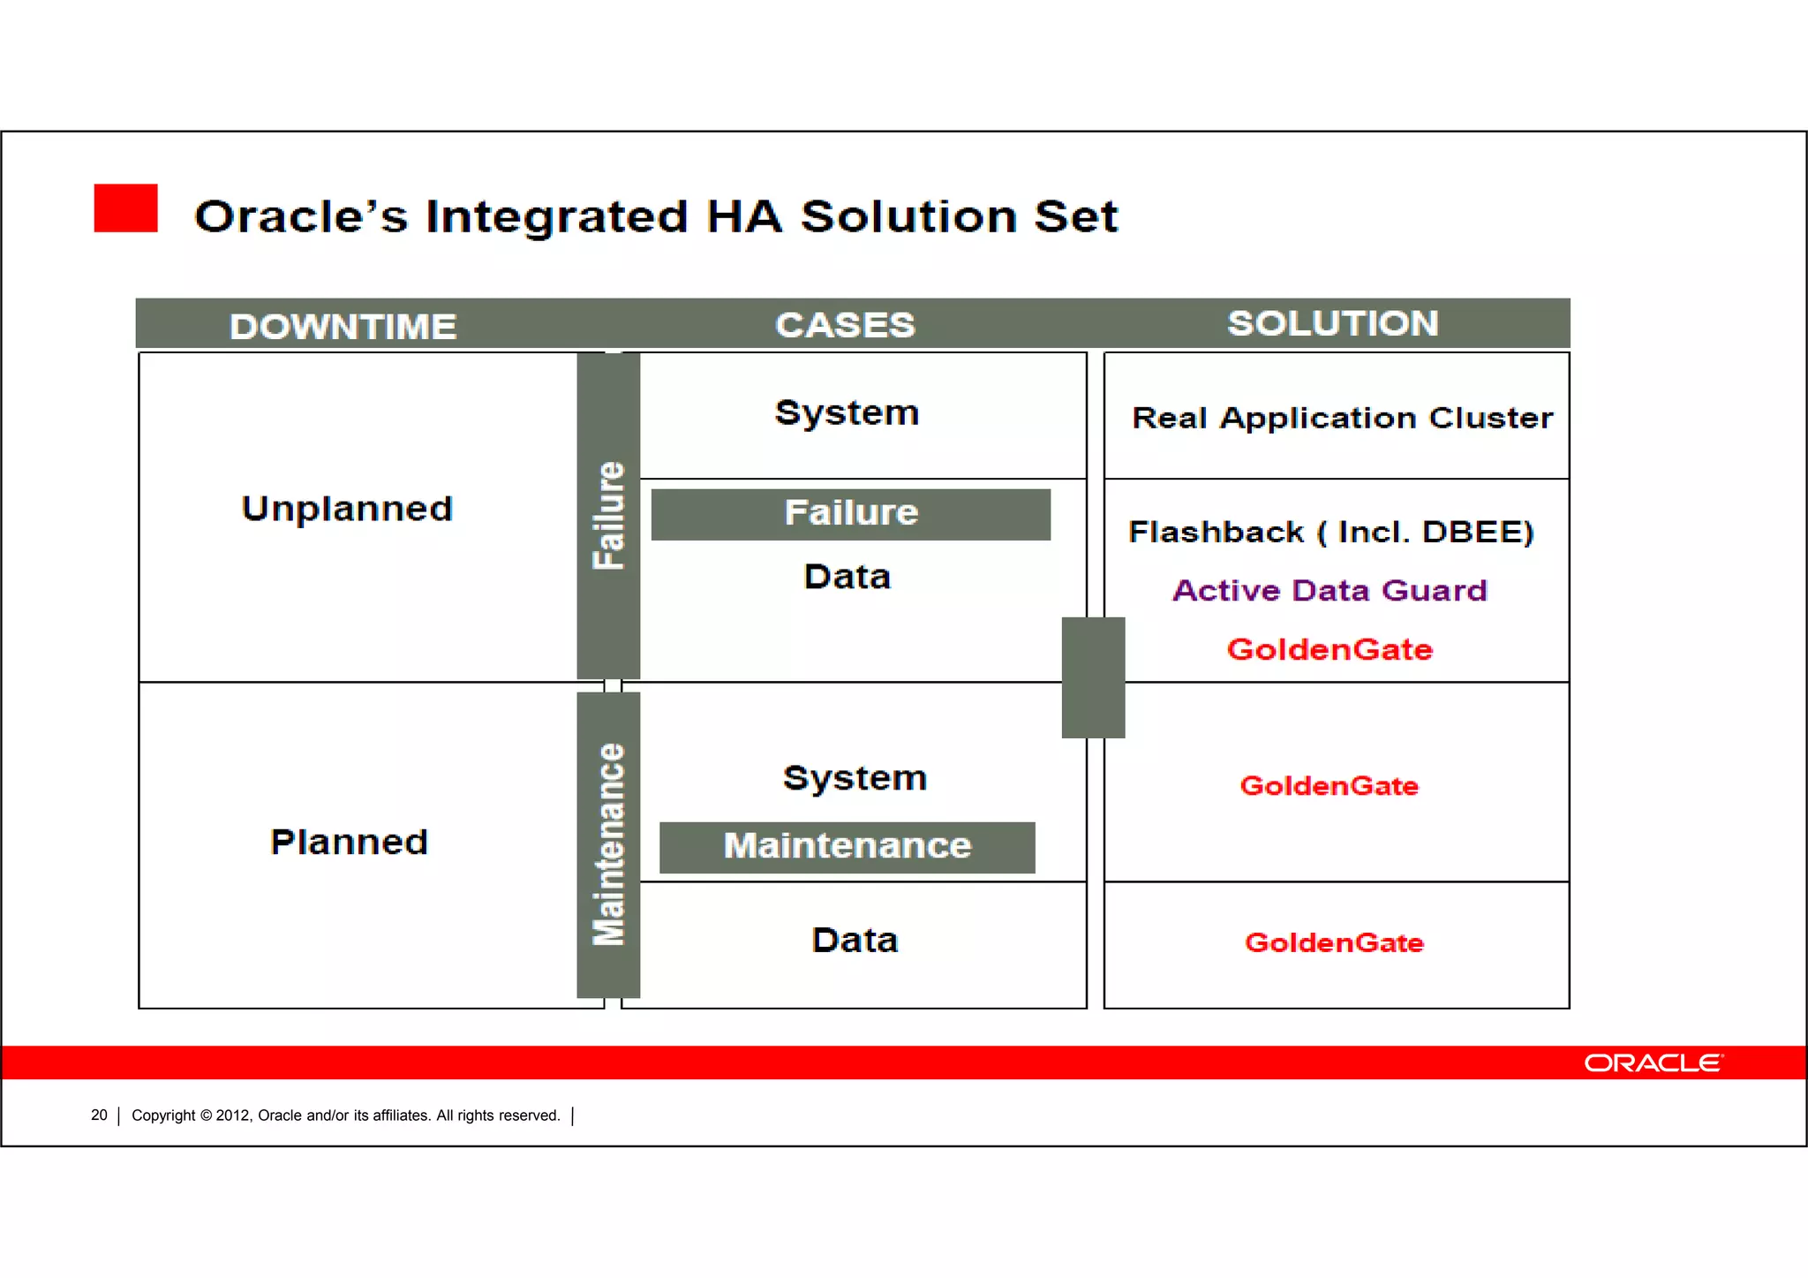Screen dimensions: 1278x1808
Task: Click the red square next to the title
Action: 125,208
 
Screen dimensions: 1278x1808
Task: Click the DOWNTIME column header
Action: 343,326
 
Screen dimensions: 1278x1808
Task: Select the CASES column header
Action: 845,324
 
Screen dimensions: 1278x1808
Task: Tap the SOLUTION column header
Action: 1332,322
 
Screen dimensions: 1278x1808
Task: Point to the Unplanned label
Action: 347,508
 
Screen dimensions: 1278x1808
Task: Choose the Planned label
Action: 349,841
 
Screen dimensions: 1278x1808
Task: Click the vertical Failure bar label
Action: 608,515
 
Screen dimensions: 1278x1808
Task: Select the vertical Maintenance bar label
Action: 608,844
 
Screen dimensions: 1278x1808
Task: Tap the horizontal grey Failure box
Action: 850,513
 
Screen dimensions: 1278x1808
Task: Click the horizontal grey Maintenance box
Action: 847,846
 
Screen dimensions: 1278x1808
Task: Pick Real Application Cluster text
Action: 1342,417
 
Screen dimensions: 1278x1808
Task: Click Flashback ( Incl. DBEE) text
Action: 1330,532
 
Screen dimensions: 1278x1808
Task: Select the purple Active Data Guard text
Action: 1330,589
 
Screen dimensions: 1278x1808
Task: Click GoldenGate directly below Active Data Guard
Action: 1329,649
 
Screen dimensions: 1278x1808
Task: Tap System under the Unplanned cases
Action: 847,412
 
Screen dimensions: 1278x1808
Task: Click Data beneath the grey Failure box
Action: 847,576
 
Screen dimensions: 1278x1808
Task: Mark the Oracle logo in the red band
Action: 1652,1062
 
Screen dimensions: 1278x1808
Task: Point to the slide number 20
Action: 99,1115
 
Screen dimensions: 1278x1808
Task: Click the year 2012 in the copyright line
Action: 234,1115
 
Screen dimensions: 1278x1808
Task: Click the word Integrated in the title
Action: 556,216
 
